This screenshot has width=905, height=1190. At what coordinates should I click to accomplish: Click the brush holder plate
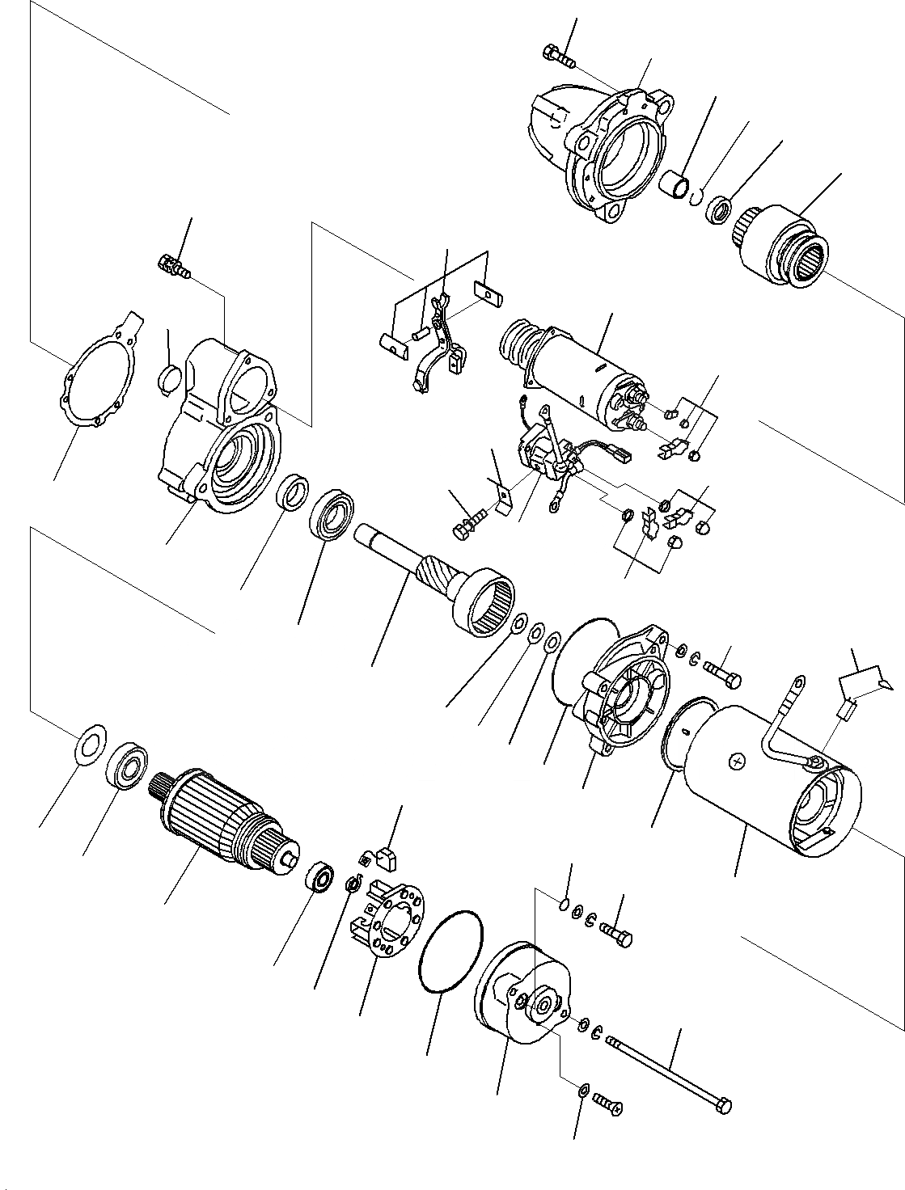click(388, 922)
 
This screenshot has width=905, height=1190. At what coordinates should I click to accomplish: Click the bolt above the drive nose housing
click(558, 57)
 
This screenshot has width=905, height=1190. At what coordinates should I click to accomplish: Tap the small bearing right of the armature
click(322, 877)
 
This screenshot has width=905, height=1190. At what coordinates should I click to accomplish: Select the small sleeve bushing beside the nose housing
click(675, 186)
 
